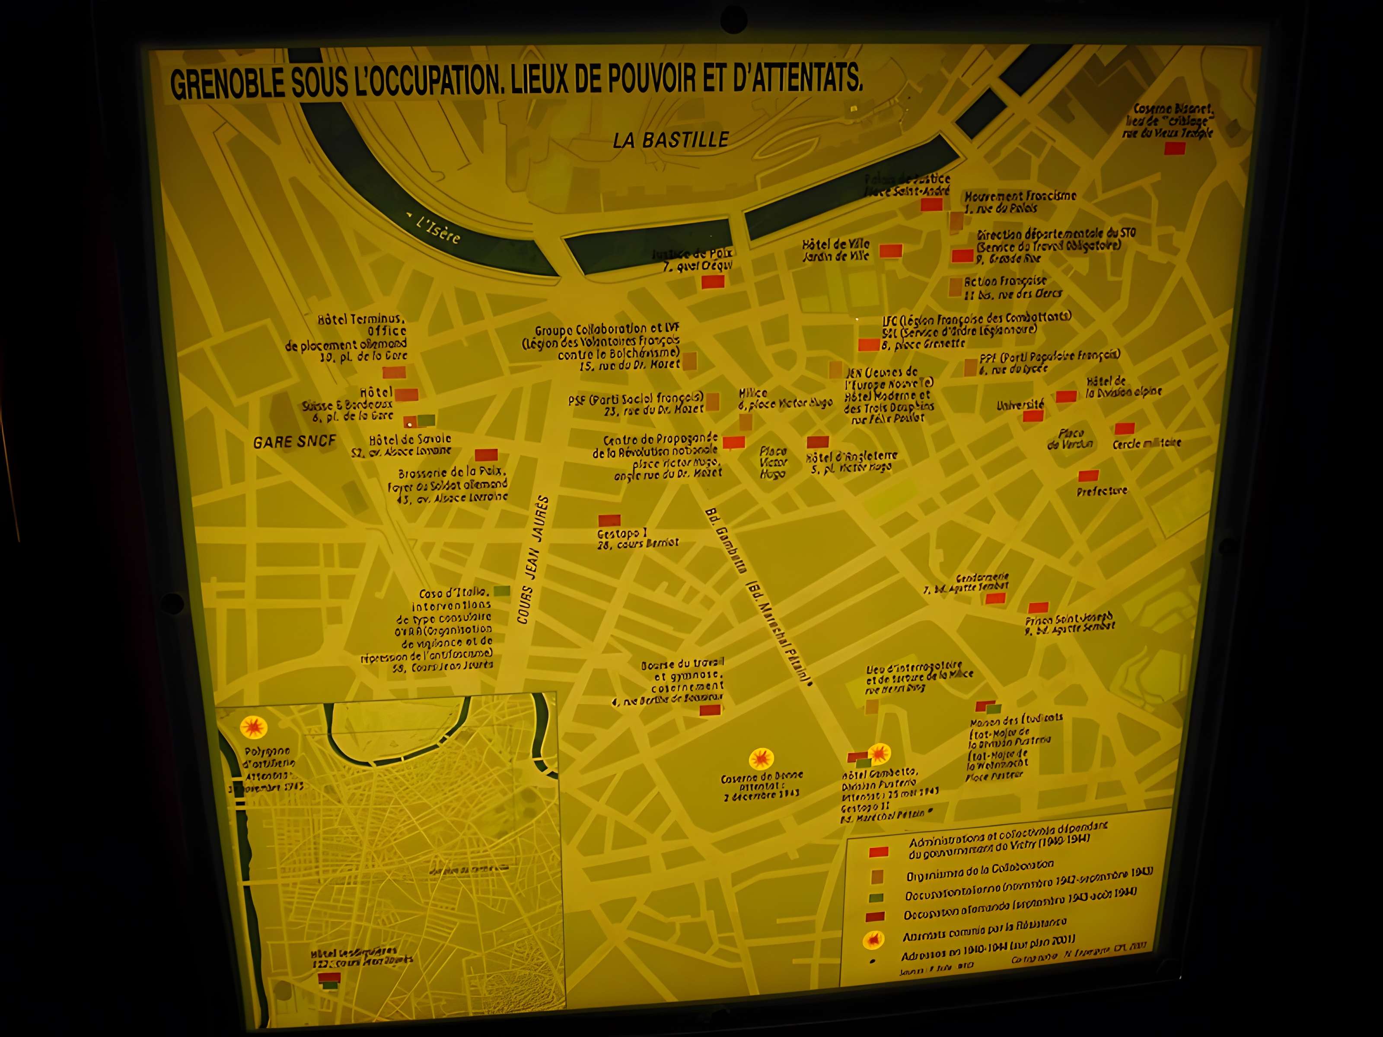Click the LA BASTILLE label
coord(670,140)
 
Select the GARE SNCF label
coord(294,442)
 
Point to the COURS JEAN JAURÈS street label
coord(533,560)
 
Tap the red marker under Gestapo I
coord(609,520)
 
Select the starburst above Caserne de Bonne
coord(761,759)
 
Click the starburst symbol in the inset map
coord(253,727)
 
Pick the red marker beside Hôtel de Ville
coord(890,251)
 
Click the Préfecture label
coord(1102,491)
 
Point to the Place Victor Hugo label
coord(773,463)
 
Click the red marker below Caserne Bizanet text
coord(1174,149)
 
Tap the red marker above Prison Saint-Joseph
coord(1038,608)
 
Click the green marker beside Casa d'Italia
coord(501,591)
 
